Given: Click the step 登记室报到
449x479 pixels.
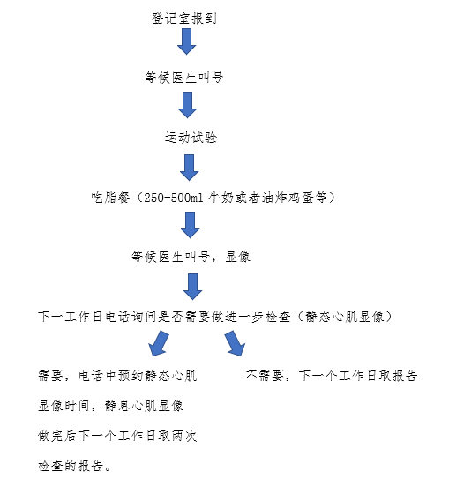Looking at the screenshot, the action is [x=184, y=19].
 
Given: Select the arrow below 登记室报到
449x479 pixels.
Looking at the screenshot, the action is [x=187, y=41].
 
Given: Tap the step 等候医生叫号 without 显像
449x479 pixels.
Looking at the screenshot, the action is [x=184, y=78].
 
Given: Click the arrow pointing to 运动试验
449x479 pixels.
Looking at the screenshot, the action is [x=187, y=105].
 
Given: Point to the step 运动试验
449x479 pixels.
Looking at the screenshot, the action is [x=191, y=138].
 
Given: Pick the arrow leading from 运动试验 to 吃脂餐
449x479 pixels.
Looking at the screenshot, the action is [x=190, y=168].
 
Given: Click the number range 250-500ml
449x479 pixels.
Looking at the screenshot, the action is [x=173, y=198].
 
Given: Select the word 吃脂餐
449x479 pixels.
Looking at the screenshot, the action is [x=110, y=198].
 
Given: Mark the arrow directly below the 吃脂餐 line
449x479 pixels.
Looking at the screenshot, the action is [x=191, y=225].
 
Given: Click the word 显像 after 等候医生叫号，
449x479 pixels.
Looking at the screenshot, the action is [x=238, y=257].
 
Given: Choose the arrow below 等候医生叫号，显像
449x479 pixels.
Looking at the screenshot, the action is [x=192, y=287].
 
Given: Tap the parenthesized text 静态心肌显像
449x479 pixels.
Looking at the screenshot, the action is [x=345, y=317].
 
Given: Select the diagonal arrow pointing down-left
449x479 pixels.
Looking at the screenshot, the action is [x=158, y=343].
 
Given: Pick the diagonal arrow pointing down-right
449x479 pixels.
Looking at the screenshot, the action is [x=236, y=343].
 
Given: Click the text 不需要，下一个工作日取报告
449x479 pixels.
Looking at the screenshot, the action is [x=331, y=376].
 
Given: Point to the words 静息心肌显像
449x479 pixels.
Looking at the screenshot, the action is [x=144, y=406].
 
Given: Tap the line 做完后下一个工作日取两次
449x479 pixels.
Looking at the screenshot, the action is [x=117, y=436].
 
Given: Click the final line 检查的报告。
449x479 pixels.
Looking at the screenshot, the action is [x=74, y=466].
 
